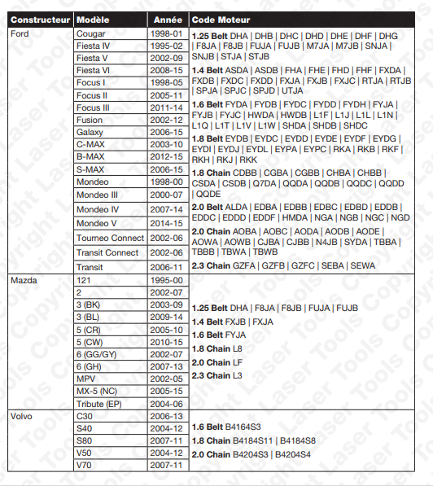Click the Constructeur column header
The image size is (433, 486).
[x=39, y=19]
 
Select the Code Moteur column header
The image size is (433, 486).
[x=221, y=19]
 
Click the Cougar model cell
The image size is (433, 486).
[x=90, y=33]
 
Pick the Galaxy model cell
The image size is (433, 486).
[x=90, y=132]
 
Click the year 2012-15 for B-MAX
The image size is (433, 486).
[x=168, y=156]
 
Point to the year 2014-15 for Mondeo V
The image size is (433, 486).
[x=168, y=223]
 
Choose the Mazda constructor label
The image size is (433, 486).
[x=24, y=280]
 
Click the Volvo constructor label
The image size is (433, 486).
[x=22, y=415]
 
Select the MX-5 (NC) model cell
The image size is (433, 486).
[x=97, y=391]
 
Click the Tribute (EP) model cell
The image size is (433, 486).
[x=98, y=403]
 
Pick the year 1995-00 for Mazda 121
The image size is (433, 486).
[x=168, y=280]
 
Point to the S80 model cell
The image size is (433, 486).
[x=85, y=440]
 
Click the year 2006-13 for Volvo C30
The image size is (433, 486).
[x=168, y=415]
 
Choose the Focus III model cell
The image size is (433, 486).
[x=93, y=107]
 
